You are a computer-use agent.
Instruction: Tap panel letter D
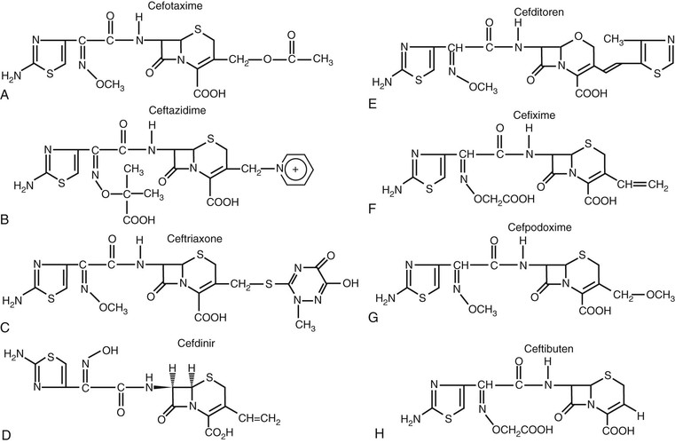tap(7, 434)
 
